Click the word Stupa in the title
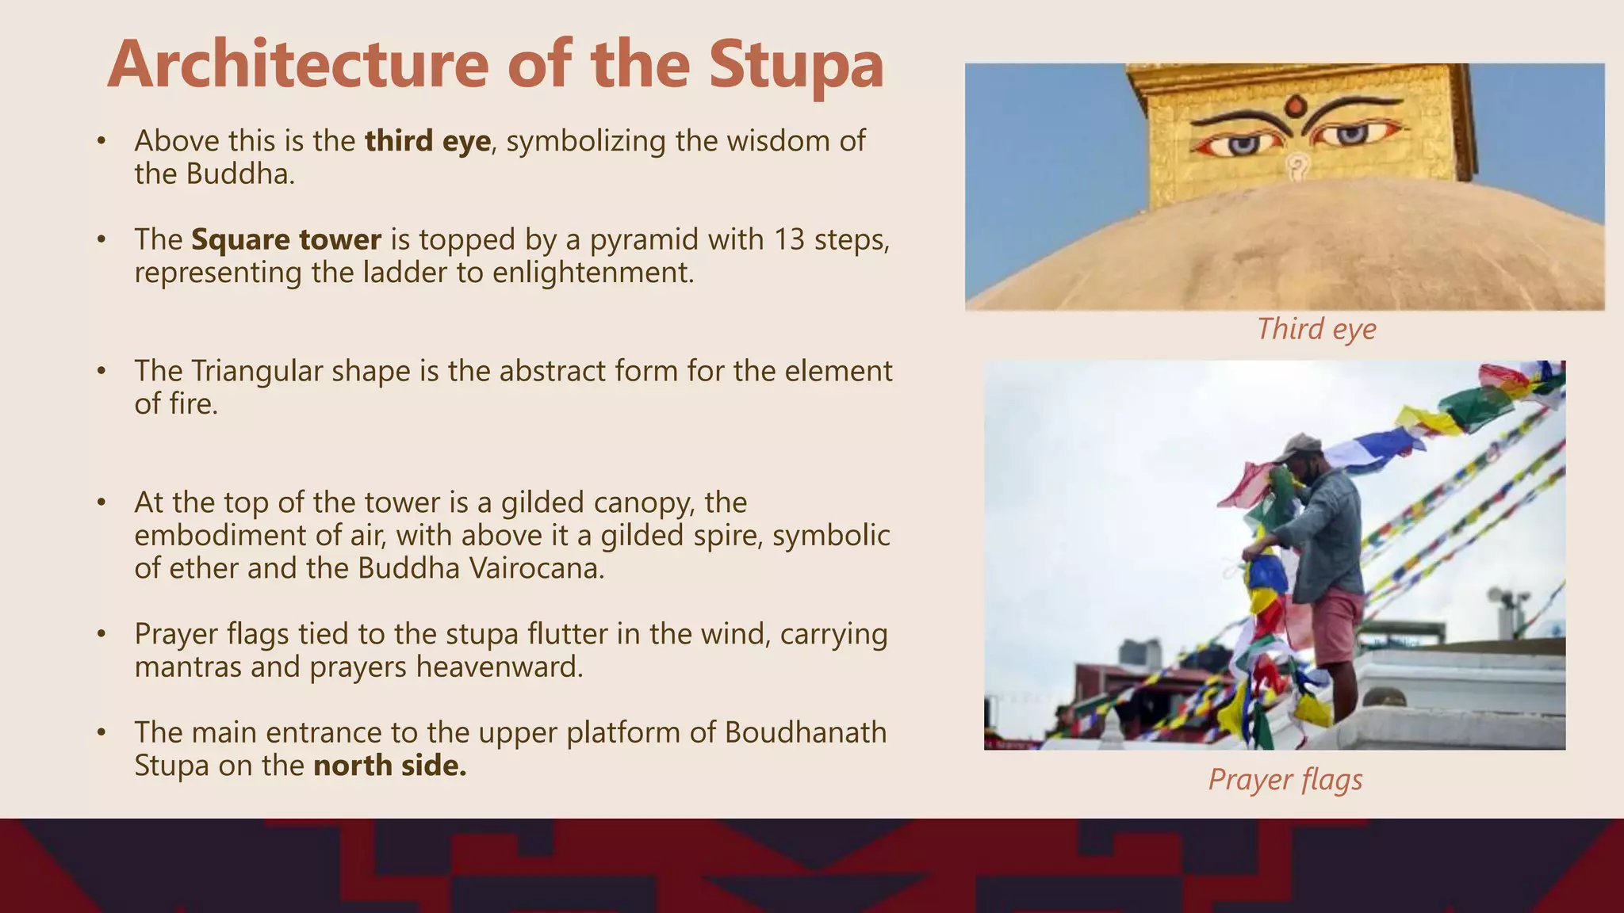pyautogui.click(x=796, y=65)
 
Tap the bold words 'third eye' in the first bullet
pyautogui.click(x=427, y=141)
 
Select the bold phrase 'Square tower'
pyautogui.click(x=286, y=239)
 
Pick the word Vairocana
pyautogui.click(x=536, y=568)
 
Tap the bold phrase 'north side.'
pyautogui.click(x=389, y=766)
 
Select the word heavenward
pyautogui.click(x=499, y=667)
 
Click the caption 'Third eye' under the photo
pyautogui.click(x=1316, y=329)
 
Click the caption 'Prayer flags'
pyautogui.click(x=1285, y=779)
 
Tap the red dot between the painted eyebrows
pyautogui.click(x=1295, y=105)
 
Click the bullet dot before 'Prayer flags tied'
pyautogui.click(x=101, y=635)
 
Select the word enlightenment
pyautogui.click(x=592, y=273)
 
